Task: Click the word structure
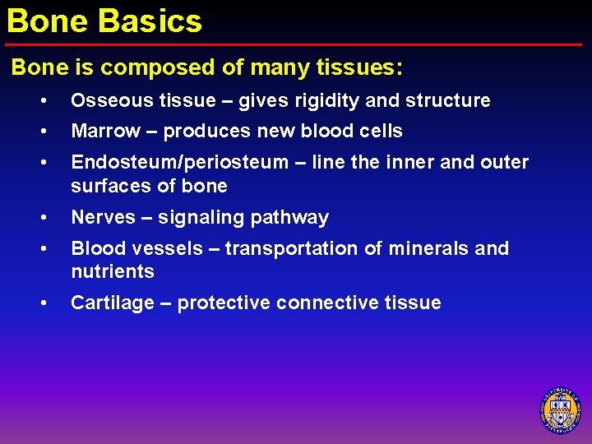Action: (446, 101)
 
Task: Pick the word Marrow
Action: (105, 132)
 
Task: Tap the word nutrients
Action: (112, 272)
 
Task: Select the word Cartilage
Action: (110, 303)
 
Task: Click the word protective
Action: (224, 303)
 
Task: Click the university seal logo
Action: (560, 409)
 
